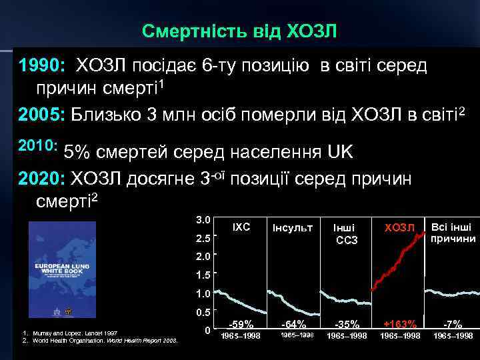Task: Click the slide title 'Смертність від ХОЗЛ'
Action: click(240, 31)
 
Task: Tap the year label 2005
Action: click(41, 113)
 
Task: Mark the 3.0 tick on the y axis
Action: click(203, 219)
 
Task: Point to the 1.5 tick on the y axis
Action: click(203, 275)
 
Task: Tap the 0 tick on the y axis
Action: click(207, 330)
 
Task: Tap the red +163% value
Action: click(400, 324)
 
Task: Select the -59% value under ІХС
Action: click(240, 324)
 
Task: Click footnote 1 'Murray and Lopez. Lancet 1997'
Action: click(69, 333)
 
